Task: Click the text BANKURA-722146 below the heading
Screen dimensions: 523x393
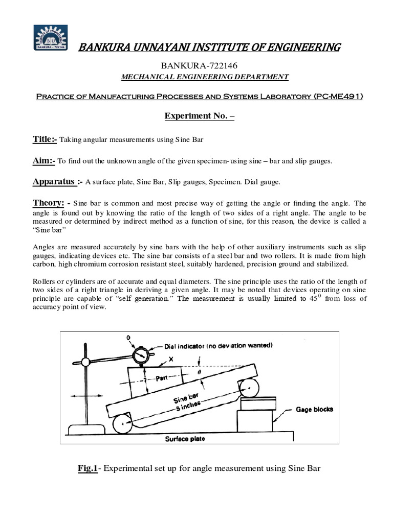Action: pos(196,65)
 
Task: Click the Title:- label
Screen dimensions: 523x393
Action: pos(46,139)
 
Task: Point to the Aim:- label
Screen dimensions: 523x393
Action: pos(43,160)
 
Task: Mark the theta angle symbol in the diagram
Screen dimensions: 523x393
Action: pos(199,373)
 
